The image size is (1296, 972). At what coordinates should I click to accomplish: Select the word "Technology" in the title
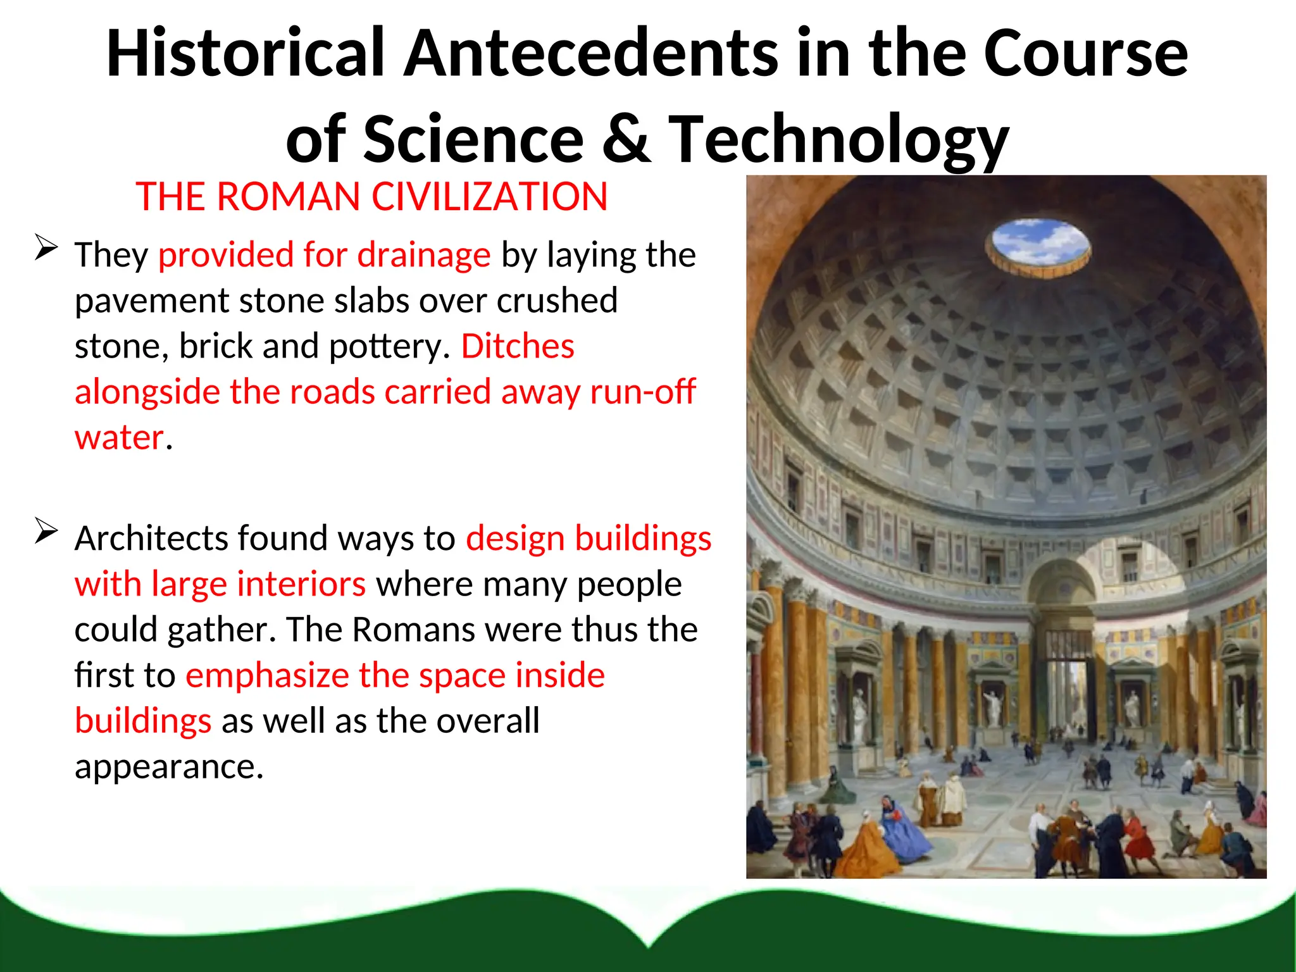(x=838, y=140)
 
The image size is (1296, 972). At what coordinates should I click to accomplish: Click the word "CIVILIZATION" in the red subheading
(x=489, y=197)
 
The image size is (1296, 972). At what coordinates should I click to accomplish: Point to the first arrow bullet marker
(x=46, y=247)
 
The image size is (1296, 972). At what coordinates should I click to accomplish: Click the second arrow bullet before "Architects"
(x=46, y=531)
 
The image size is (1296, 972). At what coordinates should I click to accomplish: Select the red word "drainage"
(x=423, y=255)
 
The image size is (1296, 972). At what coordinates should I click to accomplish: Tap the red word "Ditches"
(x=517, y=346)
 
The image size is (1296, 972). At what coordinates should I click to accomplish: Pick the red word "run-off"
(x=642, y=392)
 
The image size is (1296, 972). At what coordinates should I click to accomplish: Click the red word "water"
(x=119, y=437)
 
